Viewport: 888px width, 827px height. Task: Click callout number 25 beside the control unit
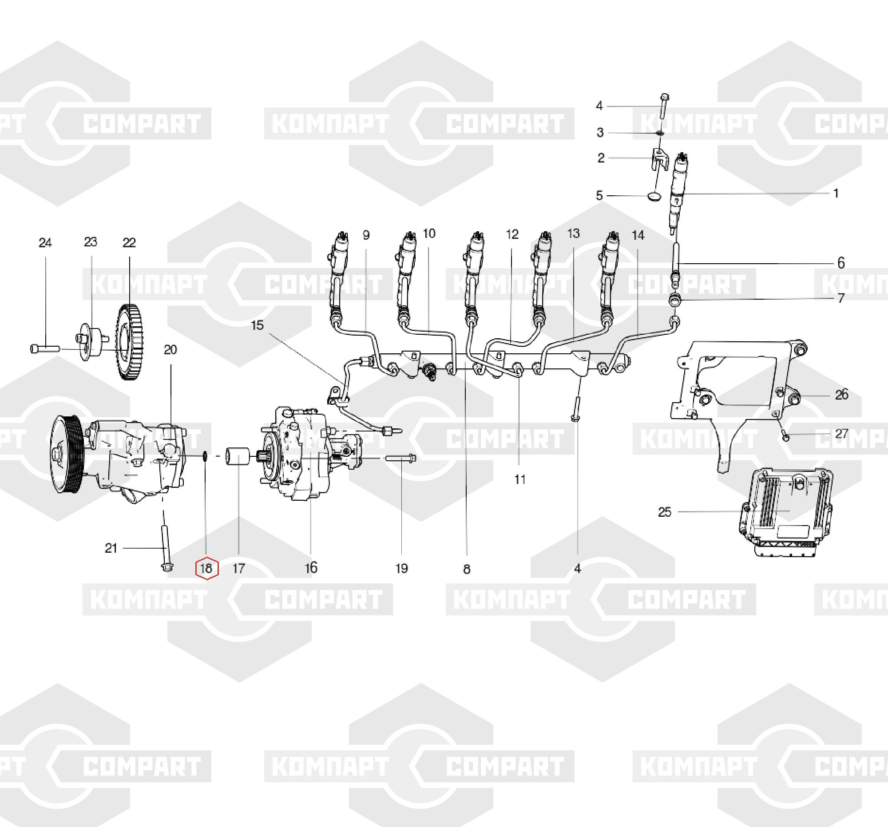tap(665, 512)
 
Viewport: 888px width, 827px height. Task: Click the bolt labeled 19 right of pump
tap(401, 458)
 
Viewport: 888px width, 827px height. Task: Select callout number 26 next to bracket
tap(841, 395)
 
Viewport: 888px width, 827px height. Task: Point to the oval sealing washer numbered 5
tap(654, 196)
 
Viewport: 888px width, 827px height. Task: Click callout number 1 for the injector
tap(836, 194)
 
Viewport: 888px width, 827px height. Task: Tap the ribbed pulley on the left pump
tap(66, 453)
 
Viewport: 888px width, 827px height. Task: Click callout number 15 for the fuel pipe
tap(258, 325)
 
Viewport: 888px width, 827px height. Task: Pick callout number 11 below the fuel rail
tap(520, 479)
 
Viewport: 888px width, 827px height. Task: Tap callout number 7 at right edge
tap(841, 298)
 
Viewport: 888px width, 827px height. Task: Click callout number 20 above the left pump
tap(170, 350)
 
